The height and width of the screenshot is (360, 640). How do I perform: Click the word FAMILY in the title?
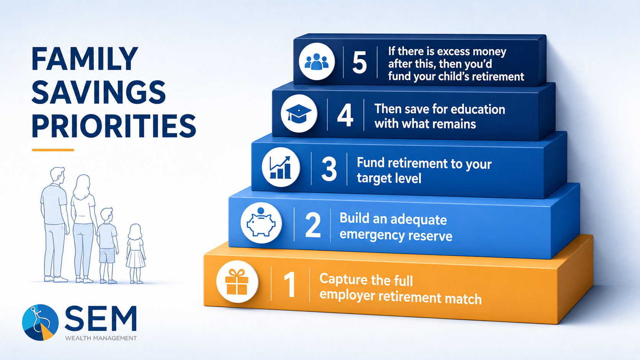coord(85,59)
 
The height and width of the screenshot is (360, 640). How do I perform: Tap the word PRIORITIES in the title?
coord(114,126)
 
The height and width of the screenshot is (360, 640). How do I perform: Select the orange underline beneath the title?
coord(53,150)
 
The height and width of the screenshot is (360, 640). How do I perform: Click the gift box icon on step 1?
coord(237,282)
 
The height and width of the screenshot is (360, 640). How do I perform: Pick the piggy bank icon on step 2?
coord(261,222)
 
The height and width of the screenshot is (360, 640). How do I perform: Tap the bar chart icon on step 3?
coord(280,167)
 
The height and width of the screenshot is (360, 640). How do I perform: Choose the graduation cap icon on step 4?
coord(299,114)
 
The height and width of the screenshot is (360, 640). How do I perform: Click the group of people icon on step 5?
coord(316,61)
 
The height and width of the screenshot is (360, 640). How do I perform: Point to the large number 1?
coord(290,285)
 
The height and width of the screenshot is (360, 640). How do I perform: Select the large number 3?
coord(329,168)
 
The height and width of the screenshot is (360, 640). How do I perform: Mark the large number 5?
coord(359,62)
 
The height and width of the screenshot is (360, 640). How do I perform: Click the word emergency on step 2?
coord(372,235)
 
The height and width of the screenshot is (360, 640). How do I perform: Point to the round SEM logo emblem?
coord(40,322)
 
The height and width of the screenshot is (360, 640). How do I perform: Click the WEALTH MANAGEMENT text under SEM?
coord(101,338)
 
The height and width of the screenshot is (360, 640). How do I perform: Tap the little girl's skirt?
coord(136,259)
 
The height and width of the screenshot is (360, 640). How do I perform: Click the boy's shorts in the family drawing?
coord(107,256)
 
